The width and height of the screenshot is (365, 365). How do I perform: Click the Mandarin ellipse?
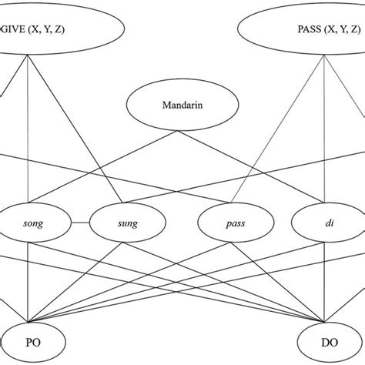pos(182,105)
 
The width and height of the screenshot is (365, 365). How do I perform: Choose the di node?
pos(322,224)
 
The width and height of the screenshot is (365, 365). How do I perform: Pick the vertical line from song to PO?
pos(28,285)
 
